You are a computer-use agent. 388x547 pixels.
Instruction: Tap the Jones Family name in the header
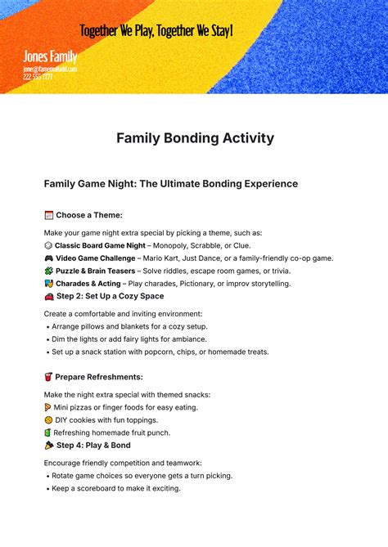pos(51,57)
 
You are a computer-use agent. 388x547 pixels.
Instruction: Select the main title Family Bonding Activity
pos(193,137)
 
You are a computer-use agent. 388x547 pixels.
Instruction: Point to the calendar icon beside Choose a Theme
pos(48,215)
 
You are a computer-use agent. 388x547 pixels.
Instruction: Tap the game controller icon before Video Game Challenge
pos(48,258)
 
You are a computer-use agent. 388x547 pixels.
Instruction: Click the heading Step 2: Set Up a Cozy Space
pos(110,296)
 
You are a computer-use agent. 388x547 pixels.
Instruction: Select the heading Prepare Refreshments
pos(100,377)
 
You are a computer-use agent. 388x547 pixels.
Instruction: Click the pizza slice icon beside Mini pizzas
pos(48,407)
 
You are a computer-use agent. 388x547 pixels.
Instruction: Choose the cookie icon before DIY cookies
pos(48,419)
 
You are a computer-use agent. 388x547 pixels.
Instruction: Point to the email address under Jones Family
pos(50,69)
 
